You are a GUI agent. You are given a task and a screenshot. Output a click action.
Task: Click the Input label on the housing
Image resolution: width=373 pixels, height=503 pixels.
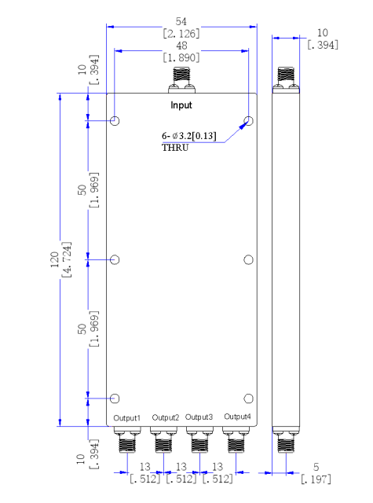point(181,105)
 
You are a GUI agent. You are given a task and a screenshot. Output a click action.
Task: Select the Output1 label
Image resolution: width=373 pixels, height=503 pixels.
point(127,418)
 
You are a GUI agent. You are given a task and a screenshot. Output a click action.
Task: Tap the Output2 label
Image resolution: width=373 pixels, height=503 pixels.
point(166,417)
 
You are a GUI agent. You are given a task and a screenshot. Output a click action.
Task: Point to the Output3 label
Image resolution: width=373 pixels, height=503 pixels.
point(199,417)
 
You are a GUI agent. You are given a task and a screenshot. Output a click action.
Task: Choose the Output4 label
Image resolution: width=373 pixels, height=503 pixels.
point(237,417)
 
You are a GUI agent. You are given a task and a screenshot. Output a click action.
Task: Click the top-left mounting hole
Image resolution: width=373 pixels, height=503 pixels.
point(115,121)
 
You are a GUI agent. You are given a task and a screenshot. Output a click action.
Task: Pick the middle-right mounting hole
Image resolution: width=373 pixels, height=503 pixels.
point(248,260)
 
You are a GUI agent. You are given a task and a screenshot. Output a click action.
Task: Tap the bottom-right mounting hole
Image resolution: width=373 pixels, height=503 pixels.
point(248,398)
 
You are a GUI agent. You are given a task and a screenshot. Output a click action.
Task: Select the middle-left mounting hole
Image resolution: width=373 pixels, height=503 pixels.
point(115,259)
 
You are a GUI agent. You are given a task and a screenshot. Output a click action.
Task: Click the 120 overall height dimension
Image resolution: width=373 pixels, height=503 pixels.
point(54,260)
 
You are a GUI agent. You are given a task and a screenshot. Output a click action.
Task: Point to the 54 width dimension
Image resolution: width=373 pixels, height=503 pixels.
point(181,21)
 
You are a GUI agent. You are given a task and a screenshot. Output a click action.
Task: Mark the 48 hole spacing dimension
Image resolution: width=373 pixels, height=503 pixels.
point(181,46)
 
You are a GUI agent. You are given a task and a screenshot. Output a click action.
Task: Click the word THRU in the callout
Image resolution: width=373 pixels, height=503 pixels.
point(175,148)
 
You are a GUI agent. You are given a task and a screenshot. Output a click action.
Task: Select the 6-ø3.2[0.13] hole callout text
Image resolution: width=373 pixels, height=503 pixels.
point(189,136)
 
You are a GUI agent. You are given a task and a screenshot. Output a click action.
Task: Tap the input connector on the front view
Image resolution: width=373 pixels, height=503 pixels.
point(181,80)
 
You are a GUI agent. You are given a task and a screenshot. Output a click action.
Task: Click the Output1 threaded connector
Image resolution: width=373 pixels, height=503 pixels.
point(127,439)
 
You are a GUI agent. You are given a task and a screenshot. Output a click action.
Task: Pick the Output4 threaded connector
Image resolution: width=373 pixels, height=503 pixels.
point(236,439)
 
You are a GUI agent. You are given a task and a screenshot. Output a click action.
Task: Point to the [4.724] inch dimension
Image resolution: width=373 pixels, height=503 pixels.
point(67,260)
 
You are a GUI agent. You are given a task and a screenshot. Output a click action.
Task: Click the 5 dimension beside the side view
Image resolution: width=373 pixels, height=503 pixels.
point(316,467)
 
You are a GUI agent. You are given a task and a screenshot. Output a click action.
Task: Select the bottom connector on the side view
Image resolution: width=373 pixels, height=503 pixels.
point(286,439)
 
